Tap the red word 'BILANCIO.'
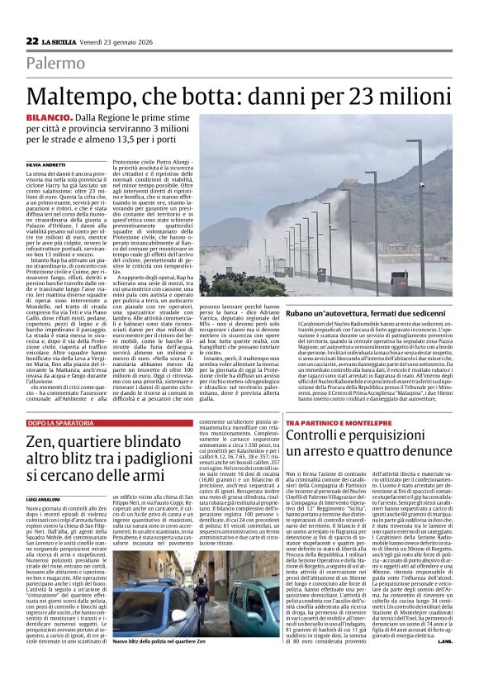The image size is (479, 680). [50, 121]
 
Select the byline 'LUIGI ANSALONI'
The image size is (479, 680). [45, 500]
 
